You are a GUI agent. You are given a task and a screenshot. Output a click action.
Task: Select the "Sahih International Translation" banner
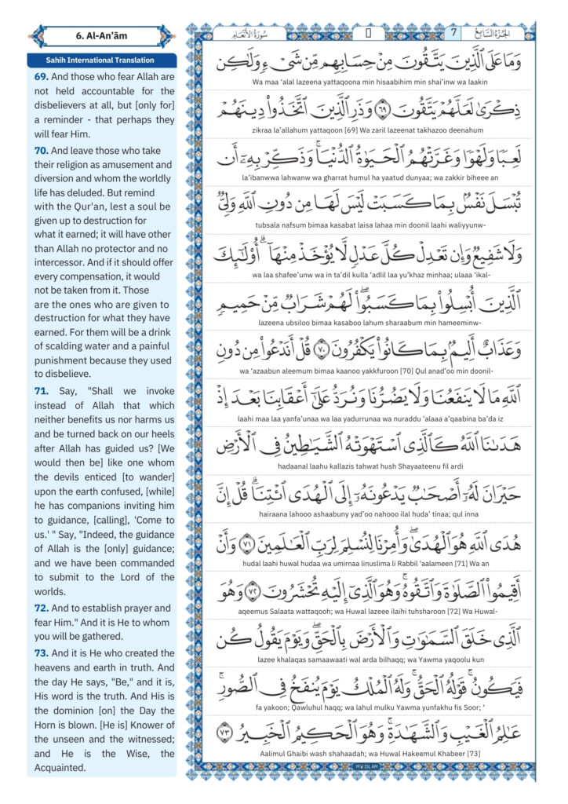(x=100, y=60)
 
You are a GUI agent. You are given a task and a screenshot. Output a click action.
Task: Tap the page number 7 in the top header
(x=453, y=33)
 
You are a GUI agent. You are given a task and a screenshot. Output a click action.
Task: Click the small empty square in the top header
(x=368, y=33)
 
